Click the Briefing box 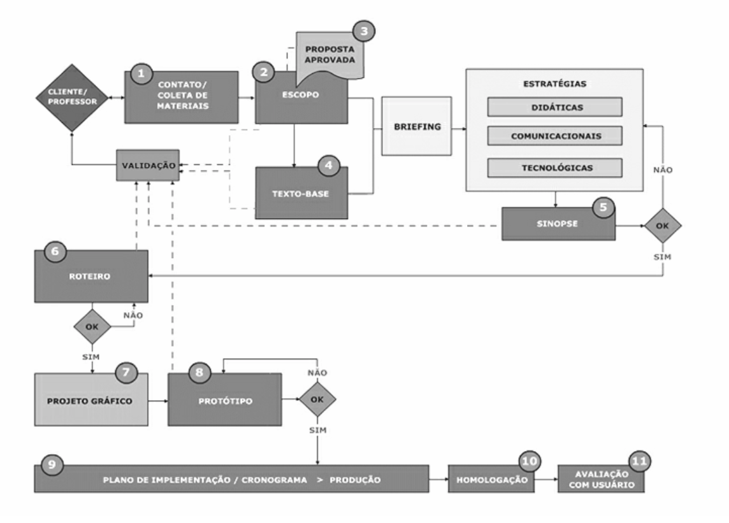(x=416, y=126)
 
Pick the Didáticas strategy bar (x=554, y=107)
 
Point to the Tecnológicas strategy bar (x=554, y=168)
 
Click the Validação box (x=147, y=164)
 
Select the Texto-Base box (x=302, y=192)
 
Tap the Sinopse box (x=558, y=223)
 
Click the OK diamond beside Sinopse (x=663, y=226)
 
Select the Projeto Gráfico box (x=90, y=399)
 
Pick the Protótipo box (x=224, y=399)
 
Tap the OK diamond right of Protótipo (x=317, y=399)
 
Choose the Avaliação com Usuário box (x=599, y=480)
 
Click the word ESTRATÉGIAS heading (x=554, y=83)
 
